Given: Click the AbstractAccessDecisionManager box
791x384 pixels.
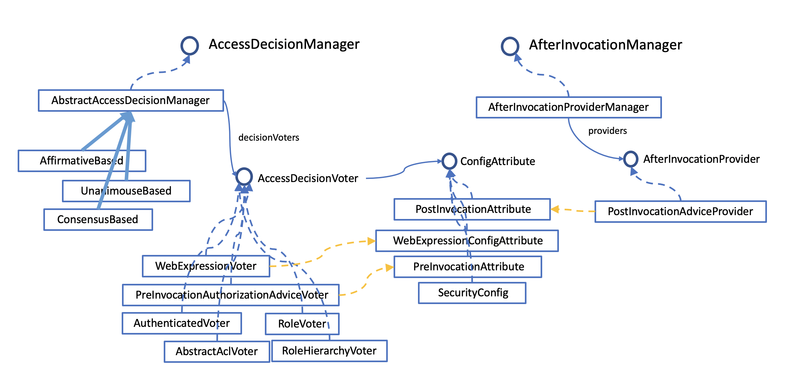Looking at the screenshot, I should pyautogui.click(x=131, y=100).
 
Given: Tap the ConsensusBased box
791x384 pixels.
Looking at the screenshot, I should pyautogui.click(x=98, y=219).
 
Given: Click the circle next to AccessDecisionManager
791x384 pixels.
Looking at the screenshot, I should pyautogui.click(x=189, y=46).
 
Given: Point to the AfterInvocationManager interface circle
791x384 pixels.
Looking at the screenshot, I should pyautogui.click(x=510, y=46).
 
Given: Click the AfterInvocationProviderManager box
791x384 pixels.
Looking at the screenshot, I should pyautogui.click(x=568, y=107).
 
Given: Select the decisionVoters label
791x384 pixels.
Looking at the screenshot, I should pyautogui.click(x=269, y=138).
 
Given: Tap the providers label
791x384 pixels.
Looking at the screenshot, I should pyautogui.click(x=607, y=131).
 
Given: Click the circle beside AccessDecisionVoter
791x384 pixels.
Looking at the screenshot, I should pyautogui.click(x=244, y=176).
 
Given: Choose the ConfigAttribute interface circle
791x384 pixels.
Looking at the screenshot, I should pyautogui.click(x=449, y=161).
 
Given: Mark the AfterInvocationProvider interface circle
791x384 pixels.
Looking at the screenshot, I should pyautogui.click(x=630, y=159).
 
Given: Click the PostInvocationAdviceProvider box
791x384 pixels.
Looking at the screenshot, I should pyautogui.click(x=680, y=211).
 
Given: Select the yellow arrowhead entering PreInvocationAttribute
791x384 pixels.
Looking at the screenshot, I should pyautogui.click(x=389, y=267).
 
